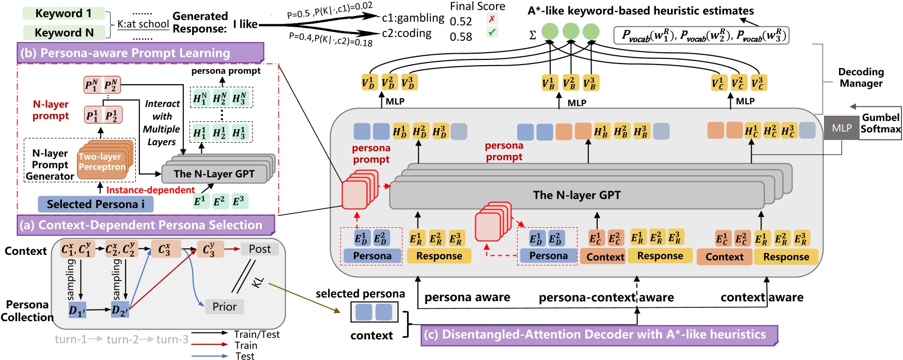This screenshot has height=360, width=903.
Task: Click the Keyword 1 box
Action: [x=63, y=13]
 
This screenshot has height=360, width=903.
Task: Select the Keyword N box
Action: [x=64, y=33]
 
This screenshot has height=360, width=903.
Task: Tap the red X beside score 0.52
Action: [x=492, y=19]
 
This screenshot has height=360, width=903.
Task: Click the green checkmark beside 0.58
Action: [x=492, y=33]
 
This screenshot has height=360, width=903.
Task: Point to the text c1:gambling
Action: [x=413, y=18]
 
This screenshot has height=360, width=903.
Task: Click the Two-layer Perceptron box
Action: [x=102, y=162]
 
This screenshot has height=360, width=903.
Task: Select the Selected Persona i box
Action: [x=96, y=204]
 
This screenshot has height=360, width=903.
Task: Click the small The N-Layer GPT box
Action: [x=214, y=174]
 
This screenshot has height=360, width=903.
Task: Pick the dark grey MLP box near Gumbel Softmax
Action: [x=842, y=128]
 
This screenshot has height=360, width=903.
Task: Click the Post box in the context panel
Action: [x=259, y=249]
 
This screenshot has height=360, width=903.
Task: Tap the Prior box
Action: [x=224, y=307]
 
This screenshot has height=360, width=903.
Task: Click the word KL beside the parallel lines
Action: [x=258, y=283]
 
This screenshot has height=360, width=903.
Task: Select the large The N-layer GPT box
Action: [x=577, y=195]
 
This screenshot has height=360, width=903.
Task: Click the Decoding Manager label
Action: [x=861, y=77]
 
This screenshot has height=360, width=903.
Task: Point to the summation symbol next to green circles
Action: [x=533, y=35]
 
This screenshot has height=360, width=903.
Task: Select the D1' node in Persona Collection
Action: [x=77, y=311]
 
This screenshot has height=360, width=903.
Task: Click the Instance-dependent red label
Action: [x=150, y=190]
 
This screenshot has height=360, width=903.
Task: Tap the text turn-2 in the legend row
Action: [x=122, y=339]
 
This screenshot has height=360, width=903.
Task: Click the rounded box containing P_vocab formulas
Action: [x=702, y=35]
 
